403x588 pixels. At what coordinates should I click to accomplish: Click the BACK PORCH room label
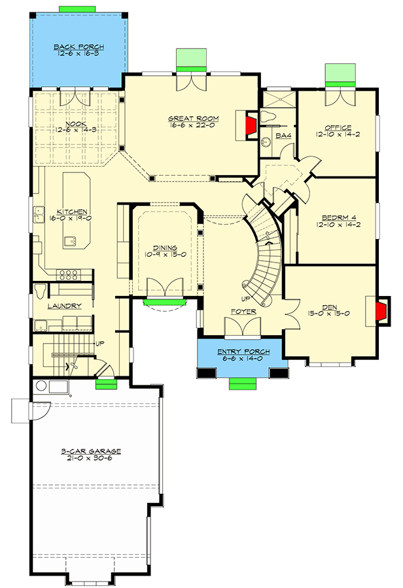pyautogui.click(x=79, y=48)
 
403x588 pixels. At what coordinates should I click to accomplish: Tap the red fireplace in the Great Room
pyautogui.click(x=250, y=128)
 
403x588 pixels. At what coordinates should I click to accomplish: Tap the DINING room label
pyautogui.click(x=165, y=248)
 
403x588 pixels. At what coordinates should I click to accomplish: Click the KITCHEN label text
pyautogui.click(x=73, y=212)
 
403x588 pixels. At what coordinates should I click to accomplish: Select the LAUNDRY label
pyautogui.click(x=64, y=306)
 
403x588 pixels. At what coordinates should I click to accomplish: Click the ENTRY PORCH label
pyautogui.click(x=242, y=352)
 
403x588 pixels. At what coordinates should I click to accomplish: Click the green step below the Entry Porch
pyautogui.click(x=242, y=384)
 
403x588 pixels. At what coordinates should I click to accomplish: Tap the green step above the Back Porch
pyautogui.click(x=78, y=8)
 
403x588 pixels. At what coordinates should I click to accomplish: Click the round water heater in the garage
pyautogui.click(x=42, y=385)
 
